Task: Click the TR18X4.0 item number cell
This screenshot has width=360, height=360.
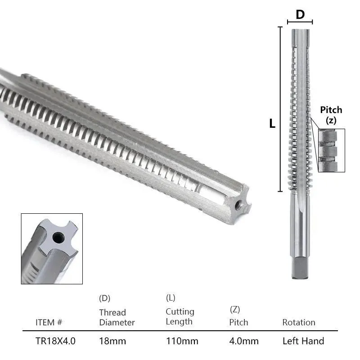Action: point(55,341)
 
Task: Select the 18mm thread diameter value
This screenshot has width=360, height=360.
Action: point(112,341)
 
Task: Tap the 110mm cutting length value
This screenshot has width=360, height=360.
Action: point(182,341)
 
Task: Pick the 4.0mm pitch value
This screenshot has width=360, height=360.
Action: point(244,341)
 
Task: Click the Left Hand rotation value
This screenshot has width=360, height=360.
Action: point(303,341)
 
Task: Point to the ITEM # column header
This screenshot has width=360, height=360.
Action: point(49,322)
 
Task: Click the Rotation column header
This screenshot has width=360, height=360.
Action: point(299,322)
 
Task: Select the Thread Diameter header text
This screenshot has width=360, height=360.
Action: point(117,317)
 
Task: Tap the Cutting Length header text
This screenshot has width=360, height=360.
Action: point(180,317)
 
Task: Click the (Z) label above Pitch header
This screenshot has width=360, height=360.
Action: point(235,310)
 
